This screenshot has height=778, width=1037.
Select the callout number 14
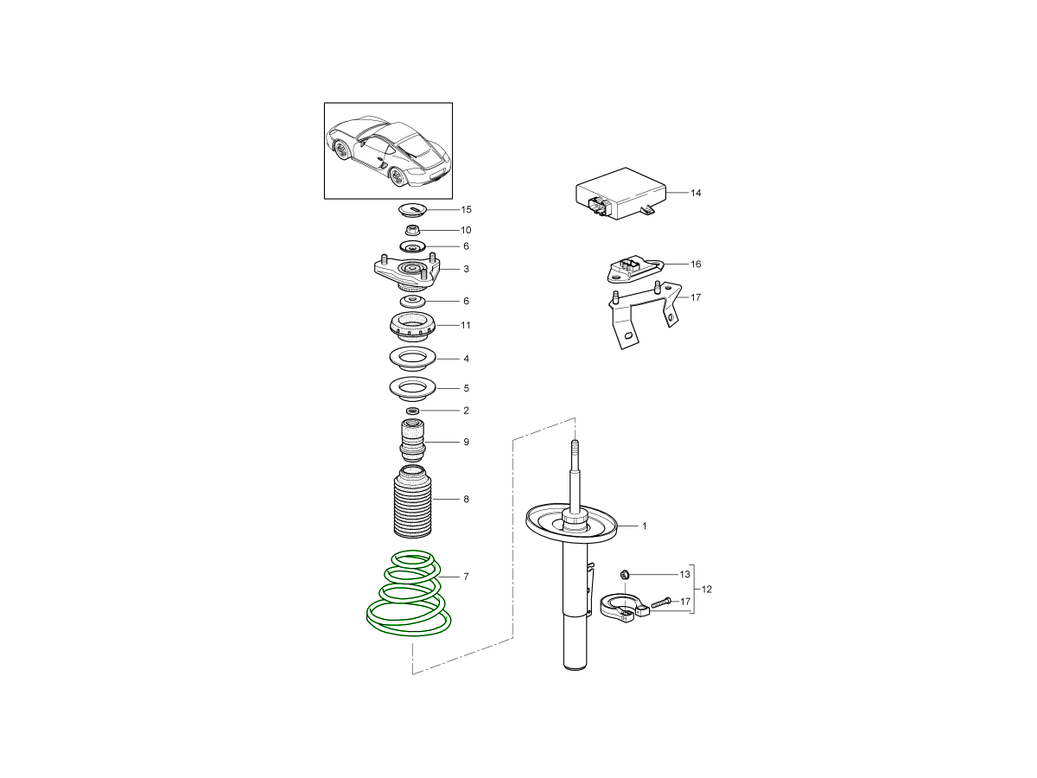click(x=696, y=193)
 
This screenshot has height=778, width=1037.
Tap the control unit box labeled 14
click(x=620, y=194)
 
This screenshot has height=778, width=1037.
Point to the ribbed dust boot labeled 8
click(x=412, y=502)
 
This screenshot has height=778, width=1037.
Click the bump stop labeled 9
click(x=412, y=441)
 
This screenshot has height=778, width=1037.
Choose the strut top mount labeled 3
click(x=408, y=273)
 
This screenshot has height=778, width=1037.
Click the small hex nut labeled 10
click(x=413, y=230)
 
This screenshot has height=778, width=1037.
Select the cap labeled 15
click(x=413, y=209)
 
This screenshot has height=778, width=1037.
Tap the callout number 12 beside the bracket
click(x=706, y=590)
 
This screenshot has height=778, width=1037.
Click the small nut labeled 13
click(x=625, y=574)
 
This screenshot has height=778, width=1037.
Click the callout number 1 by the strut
click(x=645, y=526)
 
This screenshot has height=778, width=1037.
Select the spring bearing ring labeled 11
click(x=413, y=328)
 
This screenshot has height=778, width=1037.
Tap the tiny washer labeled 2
click(x=413, y=411)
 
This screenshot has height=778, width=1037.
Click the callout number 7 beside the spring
click(x=466, y=577)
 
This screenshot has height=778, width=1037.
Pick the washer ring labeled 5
click(x=412, y=388)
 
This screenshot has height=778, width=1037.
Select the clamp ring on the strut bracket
click(x=624, y=607)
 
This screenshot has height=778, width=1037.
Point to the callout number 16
click(x=696, y=264)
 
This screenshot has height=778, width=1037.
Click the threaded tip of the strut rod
click(x=575, y=447)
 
